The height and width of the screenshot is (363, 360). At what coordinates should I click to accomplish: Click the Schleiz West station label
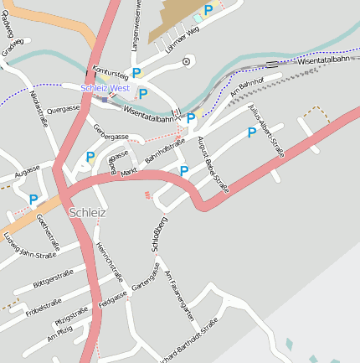click(105, 88)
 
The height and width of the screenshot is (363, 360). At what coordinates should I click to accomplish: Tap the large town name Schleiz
click(88, 212)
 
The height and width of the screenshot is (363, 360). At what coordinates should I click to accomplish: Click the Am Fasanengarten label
click(179, 297)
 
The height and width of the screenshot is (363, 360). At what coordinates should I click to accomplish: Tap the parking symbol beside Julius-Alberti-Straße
click(251, 132)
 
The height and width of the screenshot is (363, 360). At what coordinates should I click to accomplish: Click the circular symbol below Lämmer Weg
click(187, 60)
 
